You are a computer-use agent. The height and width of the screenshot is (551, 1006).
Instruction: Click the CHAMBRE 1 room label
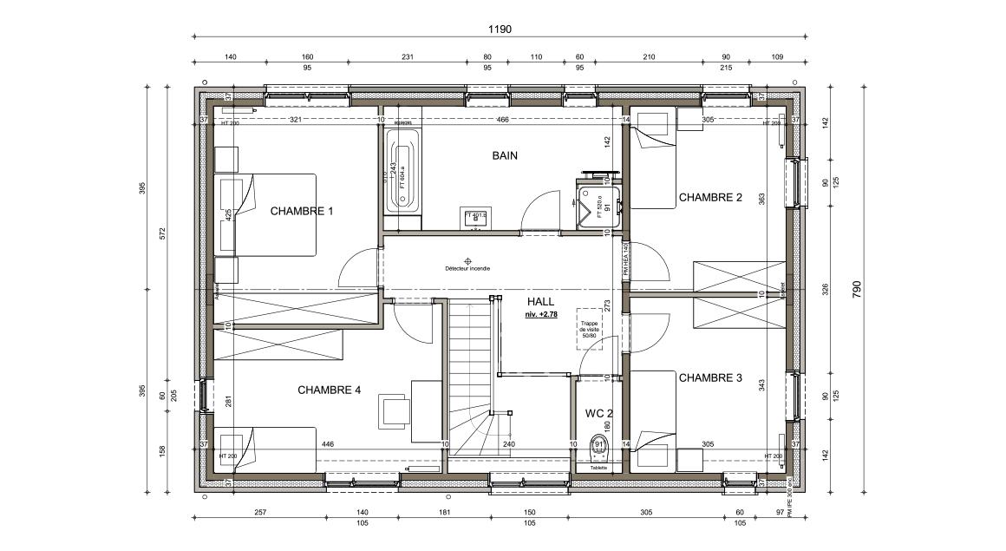tap(302, 211)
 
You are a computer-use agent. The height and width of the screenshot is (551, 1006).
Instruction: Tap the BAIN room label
tap(505, 156)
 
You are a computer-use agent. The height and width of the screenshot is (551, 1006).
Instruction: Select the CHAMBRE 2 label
tap(710, 198)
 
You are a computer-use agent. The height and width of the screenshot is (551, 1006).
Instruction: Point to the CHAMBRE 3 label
tap(710, 378)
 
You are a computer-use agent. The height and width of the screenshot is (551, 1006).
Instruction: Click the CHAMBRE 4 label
tap(329, 390)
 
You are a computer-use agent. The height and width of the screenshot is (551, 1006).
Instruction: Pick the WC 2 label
tap(598, 413)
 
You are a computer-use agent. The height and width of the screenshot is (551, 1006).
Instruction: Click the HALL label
tap(540, 301)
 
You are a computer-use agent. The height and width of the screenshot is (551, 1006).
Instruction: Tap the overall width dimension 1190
tap(500, 29)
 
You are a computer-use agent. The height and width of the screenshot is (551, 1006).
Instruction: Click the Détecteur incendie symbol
tap(467, 260)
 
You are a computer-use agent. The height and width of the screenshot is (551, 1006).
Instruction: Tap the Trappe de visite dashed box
tap(590, 328)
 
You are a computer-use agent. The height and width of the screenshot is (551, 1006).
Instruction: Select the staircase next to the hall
tap(471, 373)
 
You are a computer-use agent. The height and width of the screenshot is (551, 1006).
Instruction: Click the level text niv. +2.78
tap(542, 315)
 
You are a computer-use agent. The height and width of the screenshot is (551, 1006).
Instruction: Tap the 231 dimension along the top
tap(407, 57)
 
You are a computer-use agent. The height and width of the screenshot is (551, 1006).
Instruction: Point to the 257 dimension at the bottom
tap(259, 513)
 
